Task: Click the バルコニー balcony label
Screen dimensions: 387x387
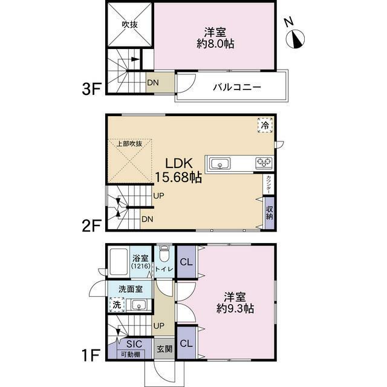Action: (236, 88)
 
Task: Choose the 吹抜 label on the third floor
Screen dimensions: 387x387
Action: (129, 25)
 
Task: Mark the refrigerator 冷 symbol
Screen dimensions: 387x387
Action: (265, 125)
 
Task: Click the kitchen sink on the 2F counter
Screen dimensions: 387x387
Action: (220, 163)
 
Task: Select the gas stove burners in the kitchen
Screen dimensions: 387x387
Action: (264, 162)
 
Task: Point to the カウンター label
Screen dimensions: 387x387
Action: (267, 184)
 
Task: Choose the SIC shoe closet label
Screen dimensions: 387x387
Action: (125, 344)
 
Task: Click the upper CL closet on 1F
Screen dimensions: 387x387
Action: (186, 262)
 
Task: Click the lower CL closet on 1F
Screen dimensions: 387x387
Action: (186, 343)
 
